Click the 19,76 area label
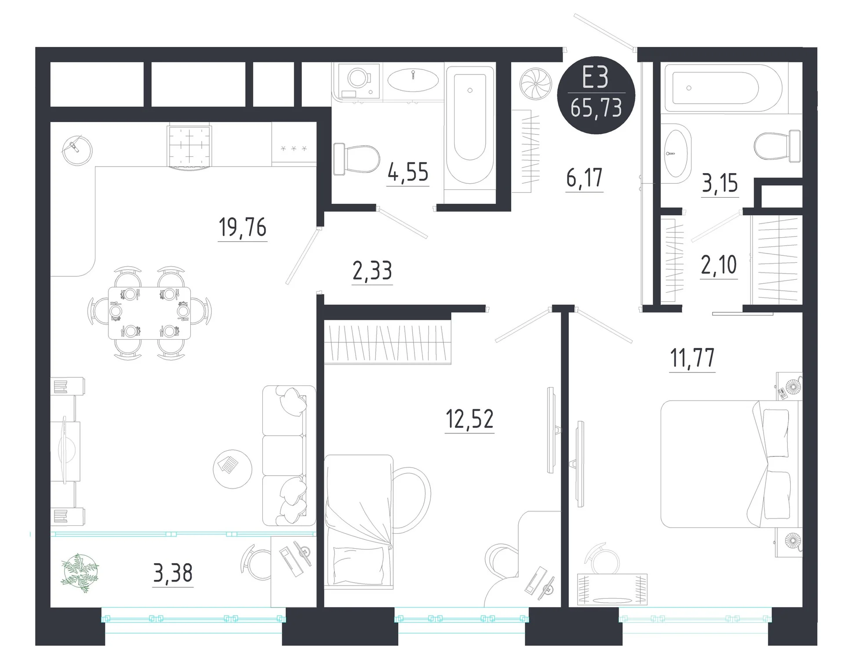point(242,228)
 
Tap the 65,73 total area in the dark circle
point(596,108)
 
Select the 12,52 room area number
point(469,419)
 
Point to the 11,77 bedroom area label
point(692,358)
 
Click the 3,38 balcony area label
point(173,573)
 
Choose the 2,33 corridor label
point(372,271)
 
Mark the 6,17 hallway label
point(584,177)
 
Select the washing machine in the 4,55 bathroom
point(357,81)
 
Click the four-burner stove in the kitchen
point(189,147)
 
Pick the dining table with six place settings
point(149,313)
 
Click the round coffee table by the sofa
point(233,469)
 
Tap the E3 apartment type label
point(596,78)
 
